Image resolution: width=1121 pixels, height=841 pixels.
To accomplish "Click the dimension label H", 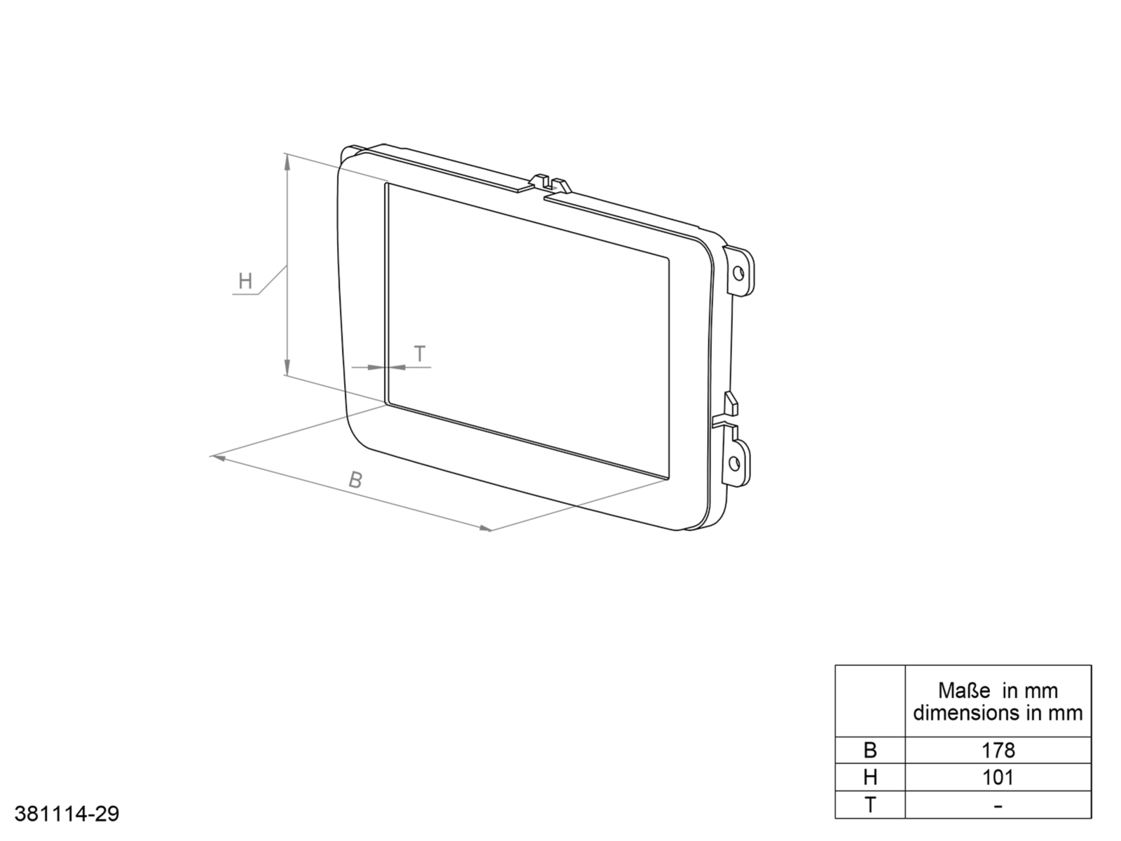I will [245, 282].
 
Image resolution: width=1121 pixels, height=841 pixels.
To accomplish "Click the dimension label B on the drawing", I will [356, 481].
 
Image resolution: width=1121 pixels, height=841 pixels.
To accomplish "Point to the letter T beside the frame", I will [420, 354].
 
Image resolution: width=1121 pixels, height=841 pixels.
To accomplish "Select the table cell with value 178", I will [998, 751].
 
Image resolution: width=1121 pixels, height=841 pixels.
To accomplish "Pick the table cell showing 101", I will [998, 777].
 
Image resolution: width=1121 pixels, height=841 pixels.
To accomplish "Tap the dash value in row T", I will [998, 805].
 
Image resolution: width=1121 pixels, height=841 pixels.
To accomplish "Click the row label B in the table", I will [870, 751].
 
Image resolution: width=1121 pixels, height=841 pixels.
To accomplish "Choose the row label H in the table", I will [870, 777].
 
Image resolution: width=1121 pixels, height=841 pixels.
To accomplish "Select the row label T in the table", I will [870, 805].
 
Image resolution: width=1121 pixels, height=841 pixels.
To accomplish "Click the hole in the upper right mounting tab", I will [738, 272].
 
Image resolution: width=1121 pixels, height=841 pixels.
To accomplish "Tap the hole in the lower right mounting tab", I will [734, 463].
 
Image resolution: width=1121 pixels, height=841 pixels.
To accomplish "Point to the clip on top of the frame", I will [550, 183].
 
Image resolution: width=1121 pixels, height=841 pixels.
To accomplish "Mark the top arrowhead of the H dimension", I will [287, 161].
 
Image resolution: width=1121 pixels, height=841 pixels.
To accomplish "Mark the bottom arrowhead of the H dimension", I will [287, 367].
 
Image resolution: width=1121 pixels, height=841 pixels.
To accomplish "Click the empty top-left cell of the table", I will [870, 701].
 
